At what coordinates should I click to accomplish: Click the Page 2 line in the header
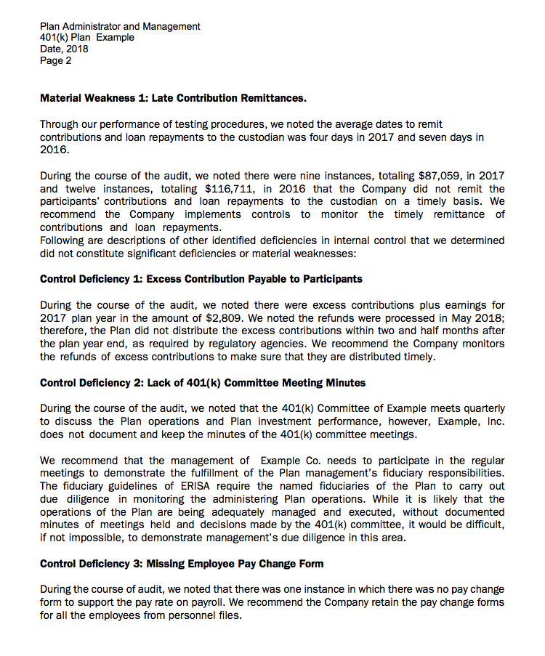pyautogui.click(x=56, y=61)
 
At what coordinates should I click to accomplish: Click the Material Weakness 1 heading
pyautogui.click(x=173, y=97)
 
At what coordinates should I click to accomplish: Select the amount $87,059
pyautogui.click(x=440, y=175)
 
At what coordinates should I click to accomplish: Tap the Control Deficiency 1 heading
pyautogui.click(x=201, y=279)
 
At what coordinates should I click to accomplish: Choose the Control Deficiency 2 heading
pyautogui.click(x=203, y=383)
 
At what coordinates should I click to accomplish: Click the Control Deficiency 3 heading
pyautogui.click(x=182, y=564)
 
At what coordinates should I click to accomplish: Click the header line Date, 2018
pyautogui.click(x=64, y=49)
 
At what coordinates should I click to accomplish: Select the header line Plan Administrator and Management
pyautogui.click(x=120, y=26)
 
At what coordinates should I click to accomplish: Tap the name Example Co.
pyautogui.click(x=285, y=461)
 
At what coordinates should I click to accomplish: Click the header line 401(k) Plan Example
pyautogui.click(x=87, y=38)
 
